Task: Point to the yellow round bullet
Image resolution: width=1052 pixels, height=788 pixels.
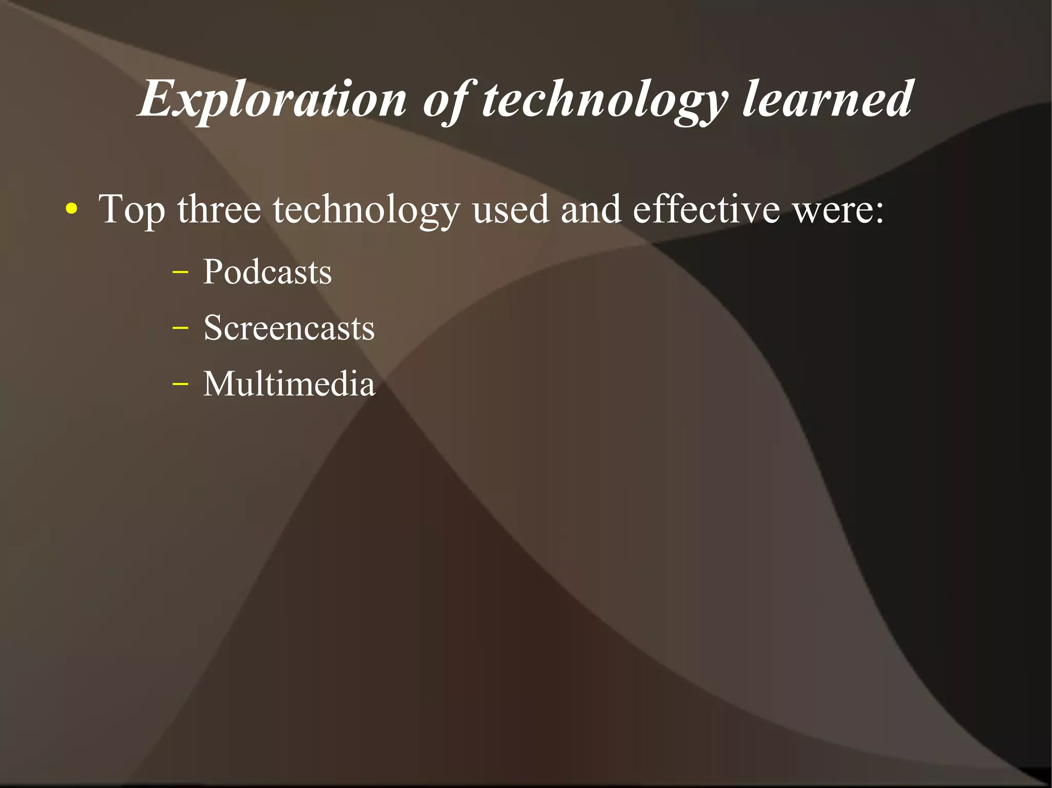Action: pyautogui.click(x=72, y=209)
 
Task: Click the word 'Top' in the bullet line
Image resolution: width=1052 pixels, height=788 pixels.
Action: pyautogui.click(x=132, y=209)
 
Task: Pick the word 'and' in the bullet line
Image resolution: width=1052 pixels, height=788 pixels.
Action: pyautogui.click(x=591, y=209)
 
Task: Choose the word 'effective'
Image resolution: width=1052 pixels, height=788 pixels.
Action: pyautogui.click(x=706, y=209)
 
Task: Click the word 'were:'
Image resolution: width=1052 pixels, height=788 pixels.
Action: pyautogui.click(x=838, y=209)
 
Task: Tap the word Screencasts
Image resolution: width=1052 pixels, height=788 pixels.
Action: pyautogui.click(x=289, y=328)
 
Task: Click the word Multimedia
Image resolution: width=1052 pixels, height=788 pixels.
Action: pyautogui.click(x=289, y=383)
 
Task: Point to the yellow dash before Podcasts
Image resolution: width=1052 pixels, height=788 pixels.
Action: pyautogui.click(x=180, y=272)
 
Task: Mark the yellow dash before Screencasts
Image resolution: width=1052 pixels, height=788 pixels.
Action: pyautogui.click(x=180, y=328)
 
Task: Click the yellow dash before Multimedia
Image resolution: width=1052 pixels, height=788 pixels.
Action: pyautogui.click(x=180, y=383)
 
